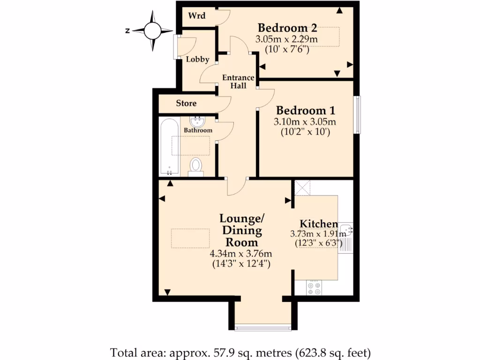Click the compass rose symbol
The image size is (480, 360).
click(x=152, y=31)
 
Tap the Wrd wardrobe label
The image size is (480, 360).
click(x=196, y=15)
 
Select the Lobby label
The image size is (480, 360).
click(x=197, y=60)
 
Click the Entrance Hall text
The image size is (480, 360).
click(x=238, y=82)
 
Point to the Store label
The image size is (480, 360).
click(x=186, y=103)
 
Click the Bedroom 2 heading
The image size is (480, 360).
click(x=284, y=27)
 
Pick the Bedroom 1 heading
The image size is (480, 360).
click(x=306, y=111)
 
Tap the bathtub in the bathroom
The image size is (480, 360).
click(x=169, y=146)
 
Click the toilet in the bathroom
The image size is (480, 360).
click(x=196, y=166)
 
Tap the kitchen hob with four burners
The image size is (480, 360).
click(x=314, y=288)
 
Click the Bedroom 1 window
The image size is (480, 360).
click(x=357, y=114)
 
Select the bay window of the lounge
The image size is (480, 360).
click(x=263, y=327)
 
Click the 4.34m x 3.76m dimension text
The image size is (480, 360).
click(x=241, y=254)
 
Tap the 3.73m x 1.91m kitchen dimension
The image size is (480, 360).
click(x=314, y=233)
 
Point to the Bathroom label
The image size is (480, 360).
click(x=198, y=130)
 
